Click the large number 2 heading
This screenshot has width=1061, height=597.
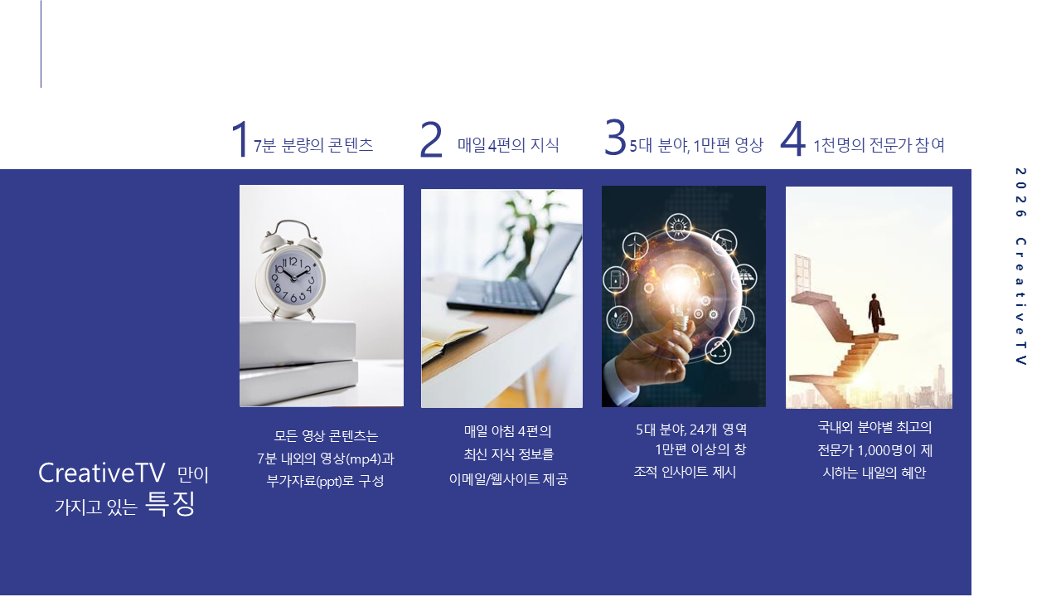(431, 139)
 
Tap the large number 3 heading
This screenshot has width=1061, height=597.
(615, 138)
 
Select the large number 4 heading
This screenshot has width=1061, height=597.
(793, 138)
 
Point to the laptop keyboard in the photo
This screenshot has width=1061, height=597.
(493, 293)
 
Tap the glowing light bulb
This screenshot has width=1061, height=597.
(681, 294)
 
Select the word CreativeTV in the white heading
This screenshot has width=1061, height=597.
(101, 473)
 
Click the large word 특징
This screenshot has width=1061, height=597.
(170, 503)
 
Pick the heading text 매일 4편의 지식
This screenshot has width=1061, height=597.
(508, 145)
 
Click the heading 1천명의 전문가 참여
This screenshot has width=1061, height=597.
(879, 145)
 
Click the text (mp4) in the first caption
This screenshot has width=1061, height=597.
(364, 459)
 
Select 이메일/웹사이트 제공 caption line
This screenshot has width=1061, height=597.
(508, 479)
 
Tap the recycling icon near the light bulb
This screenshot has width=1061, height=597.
(718, 351)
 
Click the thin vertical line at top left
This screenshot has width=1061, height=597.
(41, 44)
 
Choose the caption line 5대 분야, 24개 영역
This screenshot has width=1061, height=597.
(691, 430)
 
